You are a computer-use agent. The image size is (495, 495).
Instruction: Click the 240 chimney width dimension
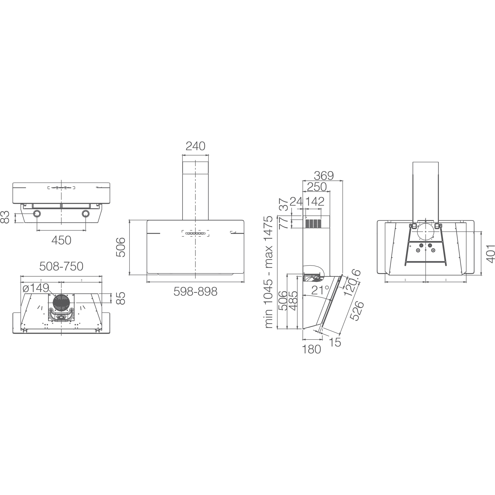196,146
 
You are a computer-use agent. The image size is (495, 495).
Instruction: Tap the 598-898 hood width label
196,291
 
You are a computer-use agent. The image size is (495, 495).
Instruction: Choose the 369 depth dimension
324,176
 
